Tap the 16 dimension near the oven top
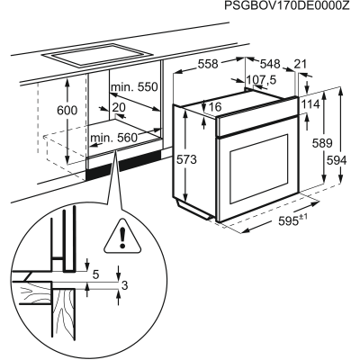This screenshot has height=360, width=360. [x=216, y=108]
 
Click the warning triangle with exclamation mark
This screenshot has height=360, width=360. [x=118, y=237]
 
